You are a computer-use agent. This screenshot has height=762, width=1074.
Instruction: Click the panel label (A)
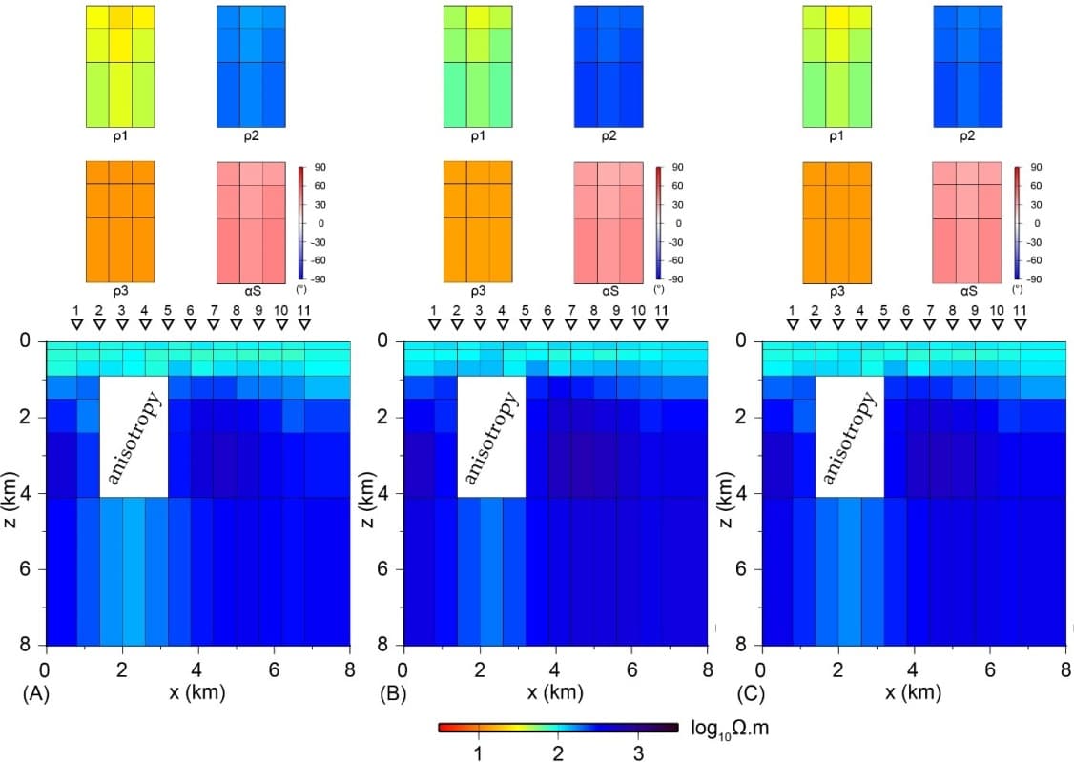tap(35, 694)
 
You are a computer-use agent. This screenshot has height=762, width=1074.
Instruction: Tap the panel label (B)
tap(393, 694)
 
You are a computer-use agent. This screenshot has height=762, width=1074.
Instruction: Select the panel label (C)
tap(751, 694)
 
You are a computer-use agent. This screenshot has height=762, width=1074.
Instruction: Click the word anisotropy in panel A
tap(134, 437)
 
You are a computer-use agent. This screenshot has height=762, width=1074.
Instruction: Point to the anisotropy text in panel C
tap(849, 437)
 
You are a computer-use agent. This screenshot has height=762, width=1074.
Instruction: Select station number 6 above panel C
tap(906, 311)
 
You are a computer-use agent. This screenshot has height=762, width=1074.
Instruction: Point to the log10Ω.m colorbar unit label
tap(730, 730)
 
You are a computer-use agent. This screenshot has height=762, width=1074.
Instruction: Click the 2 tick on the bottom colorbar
tap(558, 753)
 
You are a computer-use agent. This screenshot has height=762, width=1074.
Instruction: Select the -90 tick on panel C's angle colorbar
tap(1034, 278)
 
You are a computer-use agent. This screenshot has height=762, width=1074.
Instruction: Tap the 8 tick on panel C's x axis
tap(1065, 670)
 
